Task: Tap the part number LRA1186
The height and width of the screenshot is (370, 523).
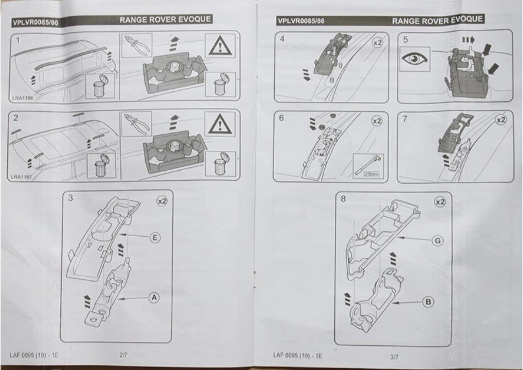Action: tap(21, 98)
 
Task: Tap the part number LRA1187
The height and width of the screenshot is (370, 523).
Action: tap(21, 177)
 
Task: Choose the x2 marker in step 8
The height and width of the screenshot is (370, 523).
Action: tap(439, 203)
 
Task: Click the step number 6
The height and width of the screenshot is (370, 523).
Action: tap(282, 118)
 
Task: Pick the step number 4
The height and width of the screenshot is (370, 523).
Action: tap(282, 39)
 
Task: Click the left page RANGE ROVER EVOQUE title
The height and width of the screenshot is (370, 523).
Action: tap(165, 20)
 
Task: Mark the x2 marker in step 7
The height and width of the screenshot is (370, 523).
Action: tap(500, 119)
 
